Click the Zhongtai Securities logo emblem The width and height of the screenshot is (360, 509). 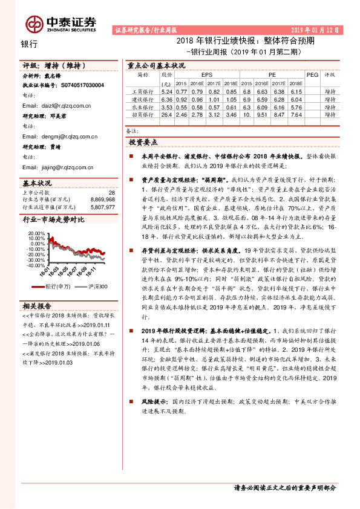(x=33, y=22)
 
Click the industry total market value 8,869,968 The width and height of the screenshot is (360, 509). (x=100, y=199)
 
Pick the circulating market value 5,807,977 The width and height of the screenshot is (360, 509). (x=100, y=206)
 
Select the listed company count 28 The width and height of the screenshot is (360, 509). (x=111, y=192)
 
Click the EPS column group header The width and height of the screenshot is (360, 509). (x=207, y=74)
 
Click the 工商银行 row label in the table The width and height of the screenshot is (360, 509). (x=143, y=91)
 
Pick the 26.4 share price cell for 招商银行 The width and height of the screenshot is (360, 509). (x=168, y=114)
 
